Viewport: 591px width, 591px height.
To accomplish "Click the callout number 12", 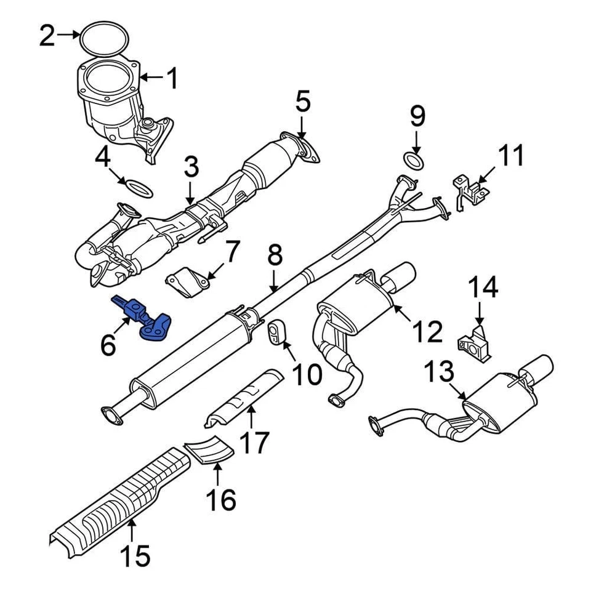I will [x=427, y=331].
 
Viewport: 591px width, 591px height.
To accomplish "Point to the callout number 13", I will [x=440, y=371].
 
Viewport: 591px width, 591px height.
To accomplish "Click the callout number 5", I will [x=302, y=103].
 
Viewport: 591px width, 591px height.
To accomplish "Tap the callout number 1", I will [x=172, y=78].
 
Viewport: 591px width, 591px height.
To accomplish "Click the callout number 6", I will [x=108, y=346].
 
